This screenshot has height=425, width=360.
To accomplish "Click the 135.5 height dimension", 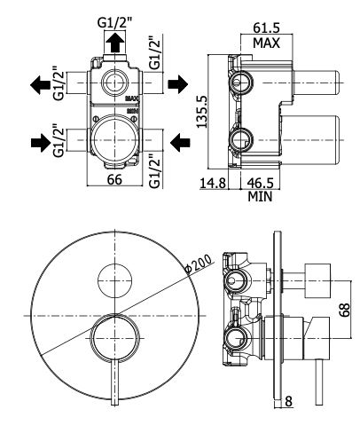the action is [202, 112].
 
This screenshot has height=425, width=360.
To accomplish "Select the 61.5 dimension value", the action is [266, 28].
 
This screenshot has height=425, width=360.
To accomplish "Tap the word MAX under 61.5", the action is [266, 43].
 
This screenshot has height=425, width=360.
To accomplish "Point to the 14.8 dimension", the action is [213, 183].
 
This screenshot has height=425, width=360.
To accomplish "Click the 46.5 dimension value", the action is [260, 183].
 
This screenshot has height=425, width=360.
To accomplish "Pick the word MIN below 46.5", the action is [260, 196].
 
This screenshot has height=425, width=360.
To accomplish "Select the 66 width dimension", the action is [114, 179].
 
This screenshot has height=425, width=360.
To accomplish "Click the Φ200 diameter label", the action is [198, 264].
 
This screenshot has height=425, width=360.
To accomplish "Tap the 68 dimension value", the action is [344, 310].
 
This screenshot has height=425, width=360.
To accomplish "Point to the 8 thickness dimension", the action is [288, 401].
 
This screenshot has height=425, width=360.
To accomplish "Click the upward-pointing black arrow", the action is [114, 43].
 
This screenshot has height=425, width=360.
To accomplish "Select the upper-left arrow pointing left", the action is [41, 84].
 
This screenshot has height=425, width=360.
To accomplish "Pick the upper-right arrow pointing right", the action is [178, 84].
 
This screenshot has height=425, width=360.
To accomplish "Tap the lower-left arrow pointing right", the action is [41, 143].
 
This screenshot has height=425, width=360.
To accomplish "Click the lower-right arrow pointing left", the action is [180, 142].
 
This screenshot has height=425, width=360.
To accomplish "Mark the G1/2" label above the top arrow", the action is [114, 23].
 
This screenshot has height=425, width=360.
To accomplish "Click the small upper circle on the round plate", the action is [115, 280].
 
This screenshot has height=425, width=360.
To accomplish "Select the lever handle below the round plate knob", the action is [115, 382].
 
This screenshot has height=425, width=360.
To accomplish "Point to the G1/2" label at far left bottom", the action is [59, 142].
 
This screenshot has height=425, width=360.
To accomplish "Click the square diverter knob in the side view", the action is [317, 279].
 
